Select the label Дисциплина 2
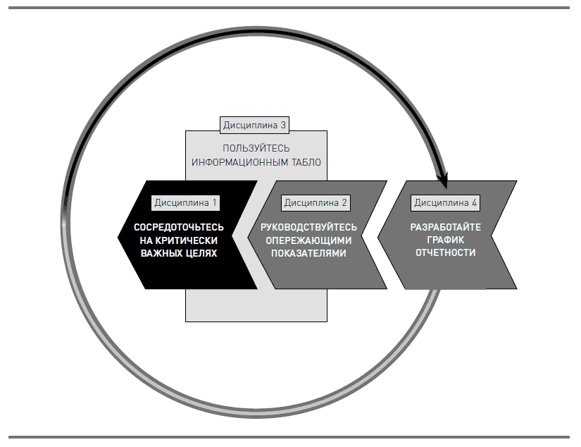(316, 202)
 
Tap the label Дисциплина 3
(255, 125)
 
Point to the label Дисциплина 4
(446, 202)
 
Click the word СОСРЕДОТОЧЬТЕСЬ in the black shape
(180, 227)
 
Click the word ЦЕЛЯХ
(200, 252)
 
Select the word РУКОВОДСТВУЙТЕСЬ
(308, 227)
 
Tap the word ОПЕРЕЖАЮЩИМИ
(309, 240)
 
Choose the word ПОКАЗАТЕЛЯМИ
(309, 252)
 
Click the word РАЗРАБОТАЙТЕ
(446, 227)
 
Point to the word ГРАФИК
(446, 240)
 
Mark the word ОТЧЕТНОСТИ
(446, 252)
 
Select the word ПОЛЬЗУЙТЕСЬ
(256, 149)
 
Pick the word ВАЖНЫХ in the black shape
(160, 252)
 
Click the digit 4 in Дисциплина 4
(474, 202)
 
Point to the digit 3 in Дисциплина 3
(283, 125)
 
